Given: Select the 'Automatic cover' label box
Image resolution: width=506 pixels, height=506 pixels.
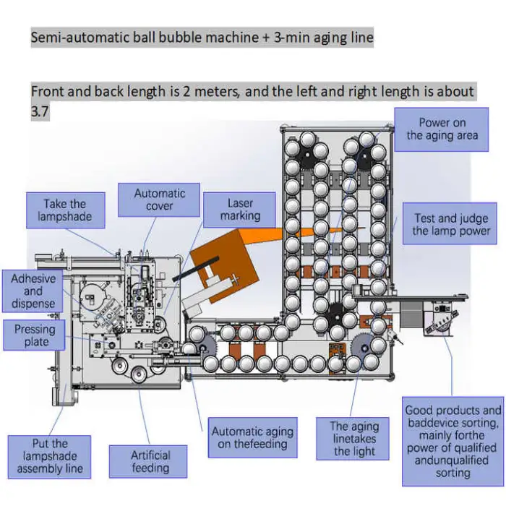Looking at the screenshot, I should [x=160, y=200].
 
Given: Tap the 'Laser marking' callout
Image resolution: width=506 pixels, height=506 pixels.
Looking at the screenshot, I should [x=240, y=210].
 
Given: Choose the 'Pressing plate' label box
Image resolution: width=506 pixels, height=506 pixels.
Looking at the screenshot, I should [x=35, y=335].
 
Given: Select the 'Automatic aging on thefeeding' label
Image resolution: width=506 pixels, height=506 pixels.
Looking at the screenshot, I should [x=252, y=438].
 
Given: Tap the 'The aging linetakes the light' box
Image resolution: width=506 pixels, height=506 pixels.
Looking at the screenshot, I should [x=355, y=439].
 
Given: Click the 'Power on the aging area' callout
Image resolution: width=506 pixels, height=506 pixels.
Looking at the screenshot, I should [x=442, y=129].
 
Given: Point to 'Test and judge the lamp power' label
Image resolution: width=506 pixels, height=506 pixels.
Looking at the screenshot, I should [x=451, y=224].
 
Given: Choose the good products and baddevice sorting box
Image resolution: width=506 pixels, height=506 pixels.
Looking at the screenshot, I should [x=453, y=442].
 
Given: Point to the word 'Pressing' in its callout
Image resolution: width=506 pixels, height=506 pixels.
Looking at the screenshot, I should [x=35, y=330].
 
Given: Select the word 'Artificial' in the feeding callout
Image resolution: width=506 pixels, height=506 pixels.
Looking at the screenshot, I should [x=150, y=455].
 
